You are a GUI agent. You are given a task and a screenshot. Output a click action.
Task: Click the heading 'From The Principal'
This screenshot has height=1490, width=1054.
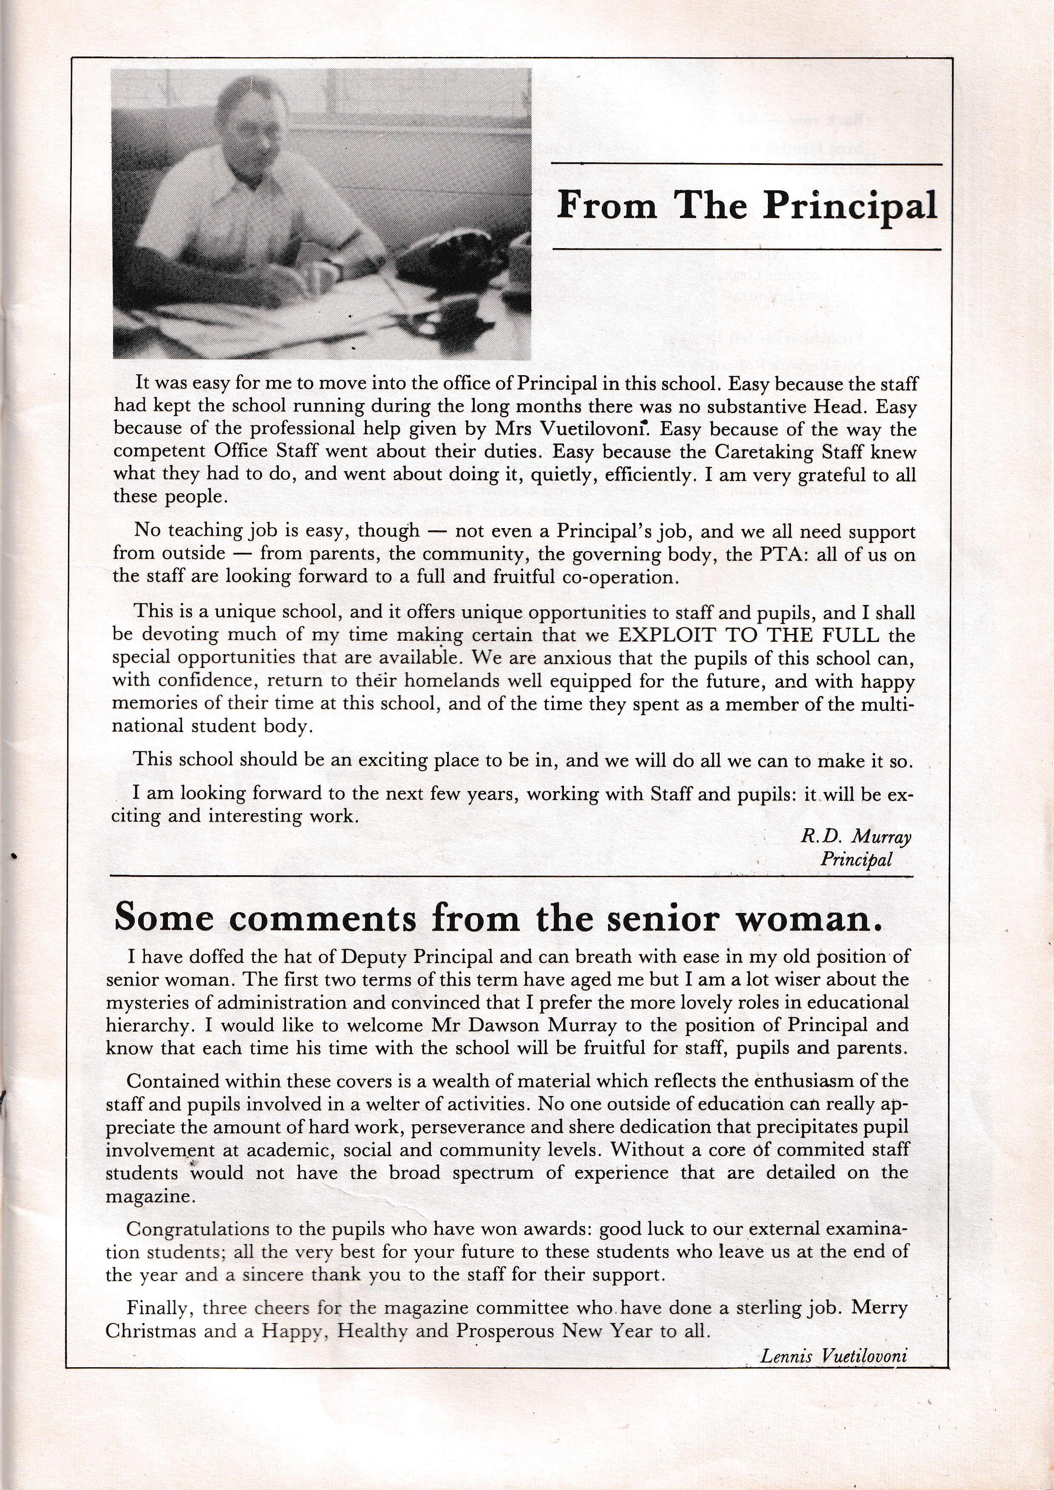[746, 206]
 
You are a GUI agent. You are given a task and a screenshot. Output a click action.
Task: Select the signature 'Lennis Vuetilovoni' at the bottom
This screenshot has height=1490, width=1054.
[833, 1355]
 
